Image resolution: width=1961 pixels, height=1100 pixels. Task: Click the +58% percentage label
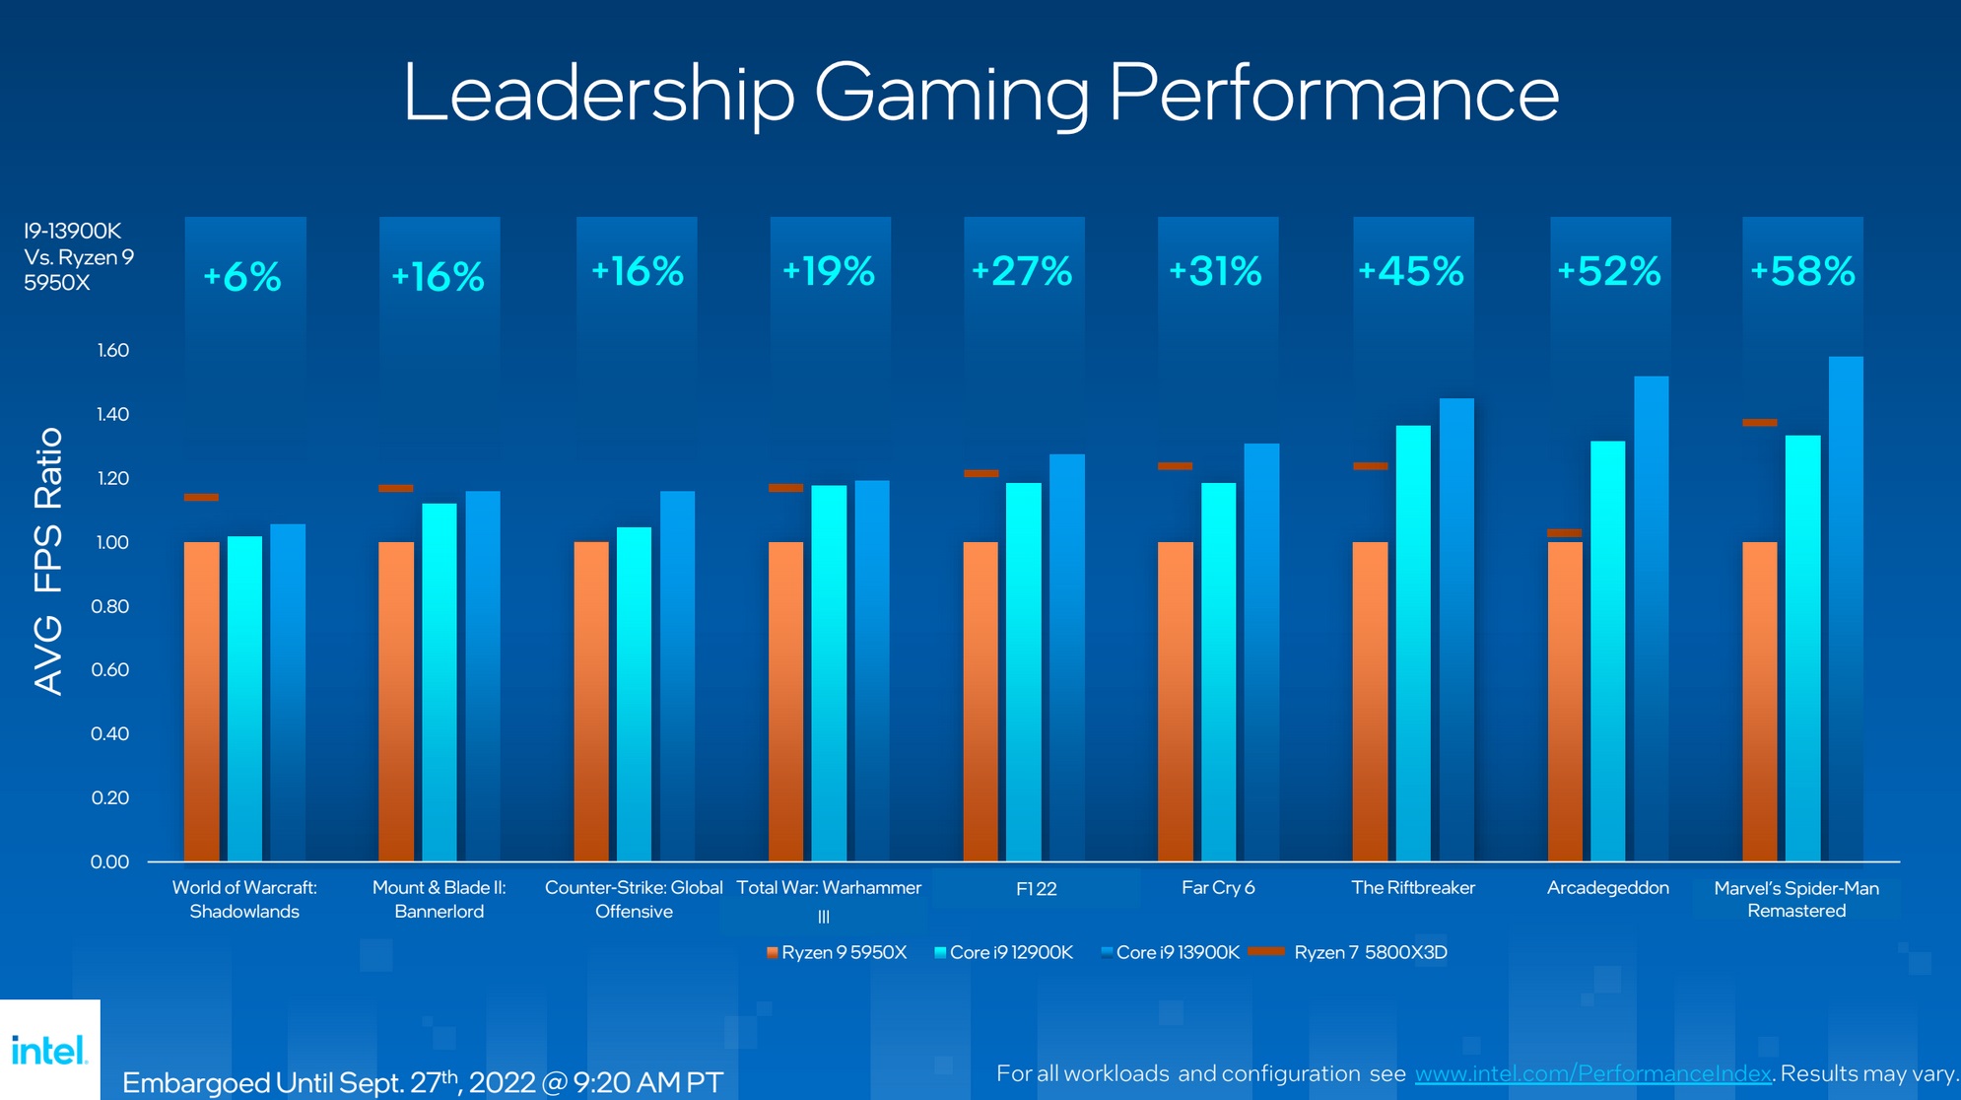click(1802, 271)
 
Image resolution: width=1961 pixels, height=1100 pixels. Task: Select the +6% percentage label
click(242, 277)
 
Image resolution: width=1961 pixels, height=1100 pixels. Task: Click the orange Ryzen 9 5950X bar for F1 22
click(980, 701)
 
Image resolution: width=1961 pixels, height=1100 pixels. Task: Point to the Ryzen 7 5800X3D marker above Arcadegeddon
click(1564, 533)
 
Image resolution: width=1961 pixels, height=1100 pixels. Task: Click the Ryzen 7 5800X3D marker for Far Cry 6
click(1175, 466)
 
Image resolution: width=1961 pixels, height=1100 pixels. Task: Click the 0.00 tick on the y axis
click(110, 862)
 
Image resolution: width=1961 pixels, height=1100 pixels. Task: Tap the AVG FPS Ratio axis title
click(48, 561)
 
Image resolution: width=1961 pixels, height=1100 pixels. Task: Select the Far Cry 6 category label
click(1218, 888)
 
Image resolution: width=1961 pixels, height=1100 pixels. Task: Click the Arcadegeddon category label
click(1607, 888)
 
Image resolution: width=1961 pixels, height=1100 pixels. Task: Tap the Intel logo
click(49, 1050)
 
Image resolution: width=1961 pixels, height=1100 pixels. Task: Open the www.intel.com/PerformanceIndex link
click(1592, 1073)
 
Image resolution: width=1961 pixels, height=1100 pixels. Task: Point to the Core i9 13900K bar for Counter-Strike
click(677, 676)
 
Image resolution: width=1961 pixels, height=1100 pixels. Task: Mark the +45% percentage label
click(1411, 271)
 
